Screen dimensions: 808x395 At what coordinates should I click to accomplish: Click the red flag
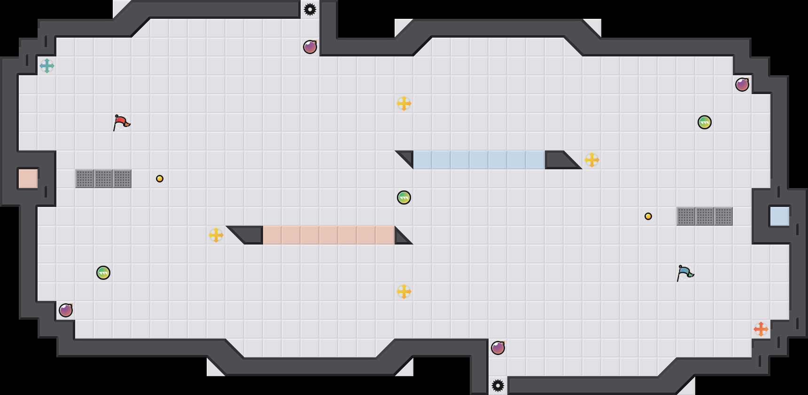click(121, 122)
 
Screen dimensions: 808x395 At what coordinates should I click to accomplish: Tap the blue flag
click(685, 273)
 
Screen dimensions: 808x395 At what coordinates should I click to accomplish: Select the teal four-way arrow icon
click(47, 66)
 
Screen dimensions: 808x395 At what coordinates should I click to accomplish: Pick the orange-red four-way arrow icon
click(761, 329)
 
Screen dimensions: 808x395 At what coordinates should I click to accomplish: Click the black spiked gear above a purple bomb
click(310, 9)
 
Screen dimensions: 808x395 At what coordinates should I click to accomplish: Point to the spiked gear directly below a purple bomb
click(498, 386)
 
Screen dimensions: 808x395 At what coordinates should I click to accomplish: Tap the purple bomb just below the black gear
click(310, 47)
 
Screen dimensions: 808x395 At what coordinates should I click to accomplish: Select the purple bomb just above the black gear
click(498, 348)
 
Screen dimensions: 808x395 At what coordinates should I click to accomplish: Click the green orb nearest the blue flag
click(705, 122)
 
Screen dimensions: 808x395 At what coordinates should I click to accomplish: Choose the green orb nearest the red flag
click(103, 273)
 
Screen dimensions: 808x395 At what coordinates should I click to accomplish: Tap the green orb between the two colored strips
click(404, 197)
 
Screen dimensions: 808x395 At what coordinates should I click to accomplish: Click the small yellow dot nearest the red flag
click(160, 179)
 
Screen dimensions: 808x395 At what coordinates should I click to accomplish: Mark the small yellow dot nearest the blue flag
click(648, 216)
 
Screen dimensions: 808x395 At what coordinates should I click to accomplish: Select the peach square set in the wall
click(28, 179)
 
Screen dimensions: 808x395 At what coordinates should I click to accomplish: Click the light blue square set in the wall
click(779, 216)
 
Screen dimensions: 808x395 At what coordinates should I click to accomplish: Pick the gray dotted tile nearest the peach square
click(85, 179)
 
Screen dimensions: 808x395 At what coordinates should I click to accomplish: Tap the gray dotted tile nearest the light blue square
click(723, 216)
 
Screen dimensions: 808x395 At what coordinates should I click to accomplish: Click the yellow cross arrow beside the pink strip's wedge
click(216, 235)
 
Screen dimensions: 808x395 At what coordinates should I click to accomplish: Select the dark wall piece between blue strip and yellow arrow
click(559, 160)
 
